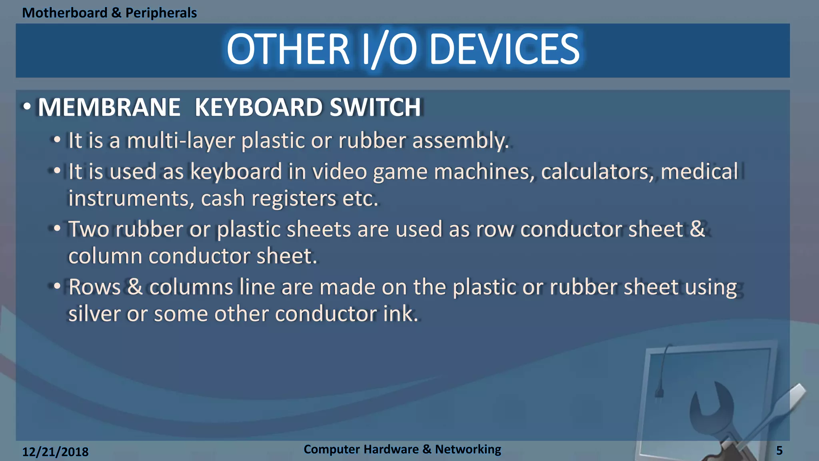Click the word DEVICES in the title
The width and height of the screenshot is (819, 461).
coord(504,49)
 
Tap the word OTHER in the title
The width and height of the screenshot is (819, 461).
coord(288,49)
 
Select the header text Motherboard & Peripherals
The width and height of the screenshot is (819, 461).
coord(109,13)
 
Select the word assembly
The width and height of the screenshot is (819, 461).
coord(460,141)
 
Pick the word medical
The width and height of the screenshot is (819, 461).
coord(699,172)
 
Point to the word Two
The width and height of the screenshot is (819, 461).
coord(89,229)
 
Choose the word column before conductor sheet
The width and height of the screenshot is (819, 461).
coord(105,256)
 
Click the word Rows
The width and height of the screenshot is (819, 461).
coord(94,287)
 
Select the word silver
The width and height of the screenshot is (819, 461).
coord(94,314)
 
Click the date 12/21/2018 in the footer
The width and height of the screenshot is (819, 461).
coord(55,452)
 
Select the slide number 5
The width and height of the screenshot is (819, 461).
coord(779,451)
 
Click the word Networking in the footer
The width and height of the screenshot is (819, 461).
coord(468,449)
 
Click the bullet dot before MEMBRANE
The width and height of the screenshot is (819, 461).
coord(27,107)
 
